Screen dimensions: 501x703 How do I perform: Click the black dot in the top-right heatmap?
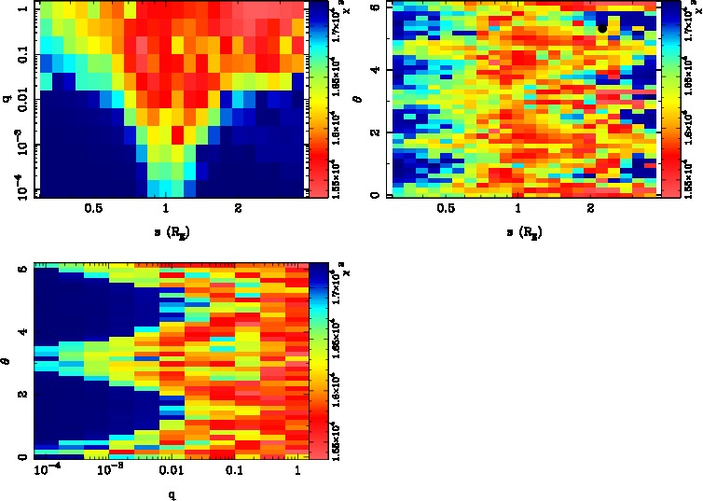[x=602, y=28]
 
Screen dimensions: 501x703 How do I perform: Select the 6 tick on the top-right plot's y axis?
[x=373, y=7]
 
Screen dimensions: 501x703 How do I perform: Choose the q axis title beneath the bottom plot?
[x=172, y=494]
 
